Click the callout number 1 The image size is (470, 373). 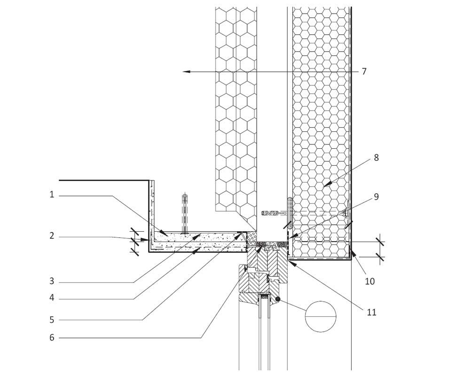tap(52, 194)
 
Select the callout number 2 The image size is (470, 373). tap(52, 236)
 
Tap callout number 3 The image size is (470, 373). tap(52, 282)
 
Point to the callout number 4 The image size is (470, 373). tap(52, 297)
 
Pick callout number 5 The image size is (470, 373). tap(52, 320)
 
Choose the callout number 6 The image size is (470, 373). tap(52, 337)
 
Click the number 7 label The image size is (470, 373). tap(364, 72)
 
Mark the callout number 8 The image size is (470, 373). tap(376, 158)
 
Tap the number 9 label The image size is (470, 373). tap(376, 197)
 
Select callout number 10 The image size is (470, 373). tap(370, 281)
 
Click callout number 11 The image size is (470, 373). tap(372, 312)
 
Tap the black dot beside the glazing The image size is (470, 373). tap(278, 299)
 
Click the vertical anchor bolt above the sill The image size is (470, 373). tap(185, 213)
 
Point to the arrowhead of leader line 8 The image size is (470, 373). tap(325, 185)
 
